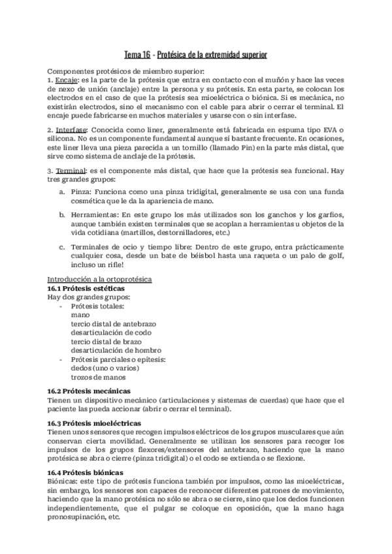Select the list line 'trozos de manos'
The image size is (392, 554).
tap(98, 376)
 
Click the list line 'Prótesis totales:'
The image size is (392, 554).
tap(98, 306)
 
